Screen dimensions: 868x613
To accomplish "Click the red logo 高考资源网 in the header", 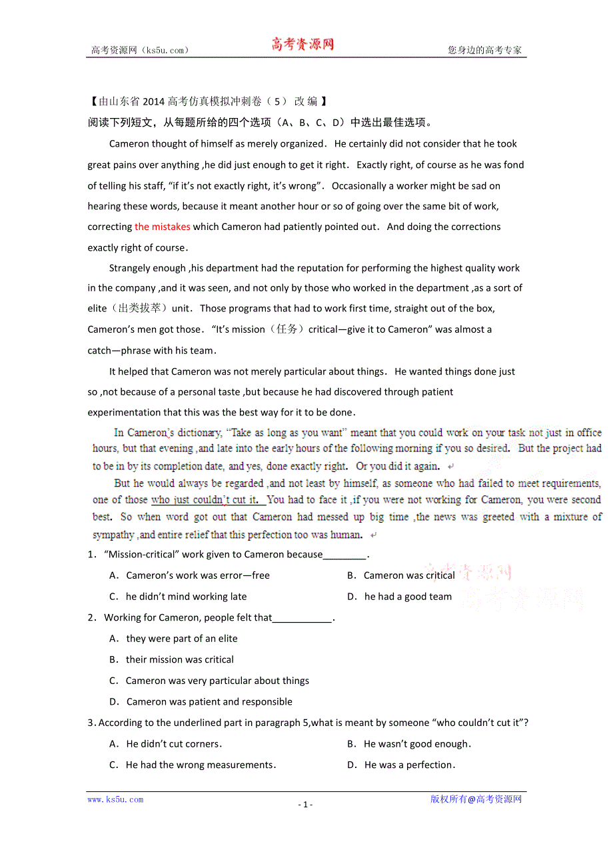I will click(303, 45).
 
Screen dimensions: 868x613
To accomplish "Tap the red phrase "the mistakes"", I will click(163, 227).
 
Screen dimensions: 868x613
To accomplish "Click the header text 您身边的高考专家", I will click(484, 50).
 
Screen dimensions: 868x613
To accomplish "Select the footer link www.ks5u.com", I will click(115, 799).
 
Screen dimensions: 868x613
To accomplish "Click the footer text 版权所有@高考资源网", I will click(476, 799).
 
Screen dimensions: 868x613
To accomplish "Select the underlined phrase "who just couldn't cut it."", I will click(208, 499).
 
